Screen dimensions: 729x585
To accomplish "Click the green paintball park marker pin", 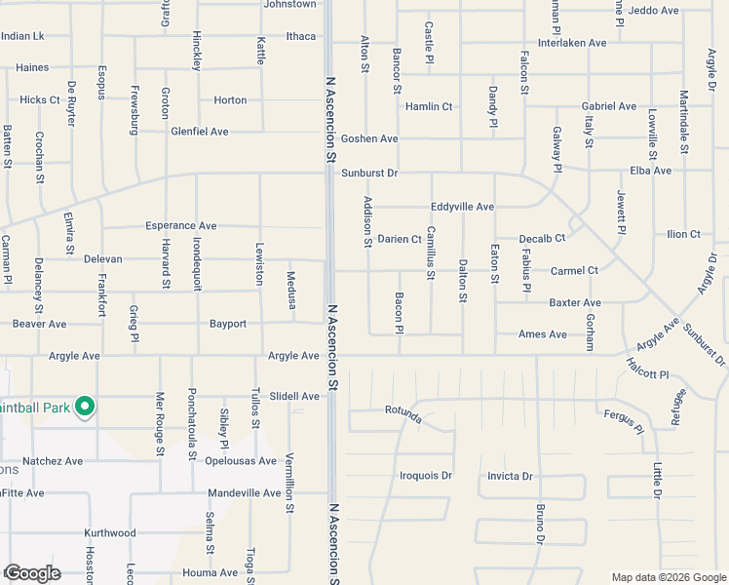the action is tap(85, 407).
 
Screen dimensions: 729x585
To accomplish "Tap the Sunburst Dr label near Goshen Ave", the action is tap(370, 173).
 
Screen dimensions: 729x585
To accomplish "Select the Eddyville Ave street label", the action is tap(463, 207).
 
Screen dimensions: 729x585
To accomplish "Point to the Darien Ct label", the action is tap(400, 239).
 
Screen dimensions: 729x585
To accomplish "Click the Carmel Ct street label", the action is tap(574, 270).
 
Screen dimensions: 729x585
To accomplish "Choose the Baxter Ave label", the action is tap(574, 303).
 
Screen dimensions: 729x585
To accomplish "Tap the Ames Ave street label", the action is tap(543, 334).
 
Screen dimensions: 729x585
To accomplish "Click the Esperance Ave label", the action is tap(180, 225).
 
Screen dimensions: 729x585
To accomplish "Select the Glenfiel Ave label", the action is tap(199, 132).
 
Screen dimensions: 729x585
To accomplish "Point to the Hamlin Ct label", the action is tap(429, 106).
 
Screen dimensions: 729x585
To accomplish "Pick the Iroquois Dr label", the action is tap(426, 476).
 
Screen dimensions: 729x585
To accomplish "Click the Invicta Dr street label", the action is tap(510, 476).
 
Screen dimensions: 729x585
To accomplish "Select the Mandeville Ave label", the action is tap(244, 493).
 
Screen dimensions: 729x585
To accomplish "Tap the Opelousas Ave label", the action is tap(241, 460).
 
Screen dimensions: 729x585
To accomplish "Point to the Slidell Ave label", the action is tap(294, 397).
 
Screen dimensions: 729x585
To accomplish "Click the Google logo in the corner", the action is tap(31, 573).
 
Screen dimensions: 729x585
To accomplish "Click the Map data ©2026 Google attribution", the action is tap(669, 577).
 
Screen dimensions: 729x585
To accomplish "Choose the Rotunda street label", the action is tap(402, 415).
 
